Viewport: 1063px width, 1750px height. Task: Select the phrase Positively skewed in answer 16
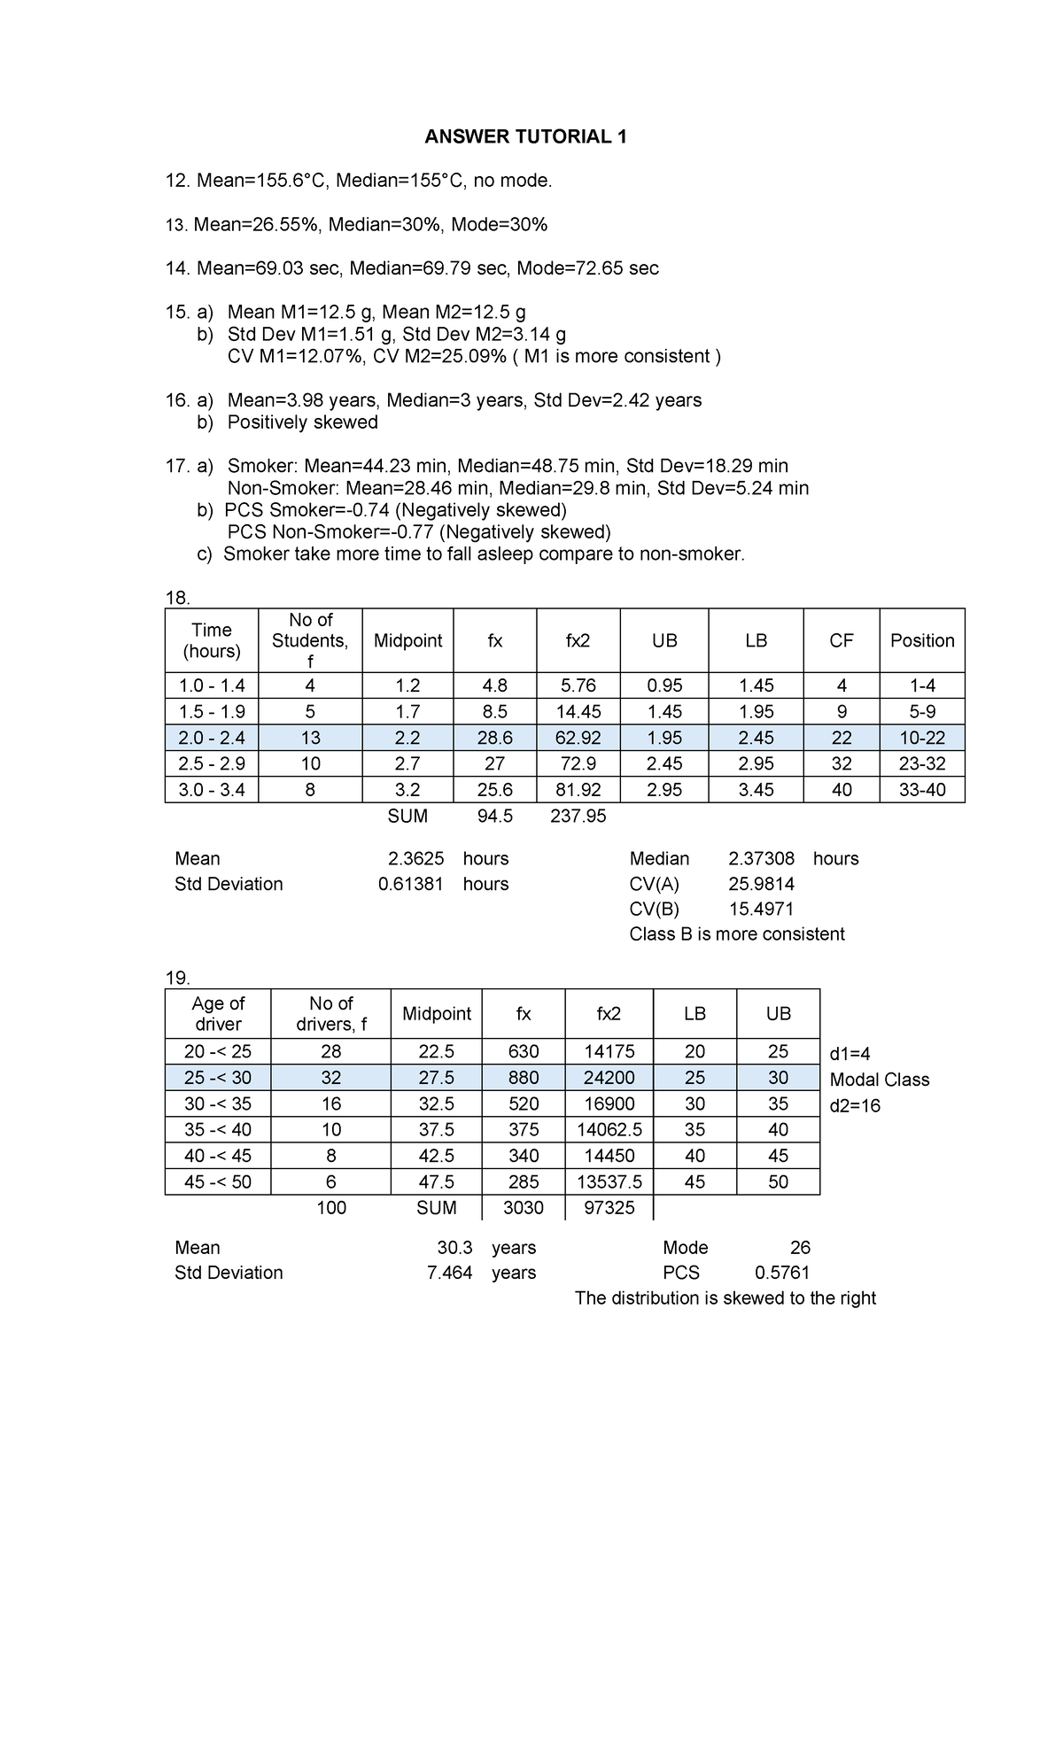[302, 422]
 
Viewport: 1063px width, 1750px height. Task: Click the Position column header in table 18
[921, 640]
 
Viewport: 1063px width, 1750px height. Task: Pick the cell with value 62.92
[578, 738]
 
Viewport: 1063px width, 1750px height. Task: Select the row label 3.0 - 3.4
[212, 790]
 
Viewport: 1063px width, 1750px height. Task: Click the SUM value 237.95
[578, 817]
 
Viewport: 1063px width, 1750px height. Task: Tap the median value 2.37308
[761, 859]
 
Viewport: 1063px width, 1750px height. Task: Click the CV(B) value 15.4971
[761, 910]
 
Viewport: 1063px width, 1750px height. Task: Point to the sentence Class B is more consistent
[736, 934]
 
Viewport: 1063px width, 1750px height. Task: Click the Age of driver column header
[218, 1014]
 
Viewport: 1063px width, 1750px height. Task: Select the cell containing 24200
[609, 1078]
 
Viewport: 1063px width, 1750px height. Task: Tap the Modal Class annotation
[879, 1080]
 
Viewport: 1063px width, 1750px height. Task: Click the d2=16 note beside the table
[855, 1106]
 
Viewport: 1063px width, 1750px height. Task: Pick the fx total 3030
[523, 1208]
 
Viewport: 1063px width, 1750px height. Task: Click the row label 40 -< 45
[218, 1156]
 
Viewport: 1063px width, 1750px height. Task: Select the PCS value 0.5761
[781, 1274]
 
